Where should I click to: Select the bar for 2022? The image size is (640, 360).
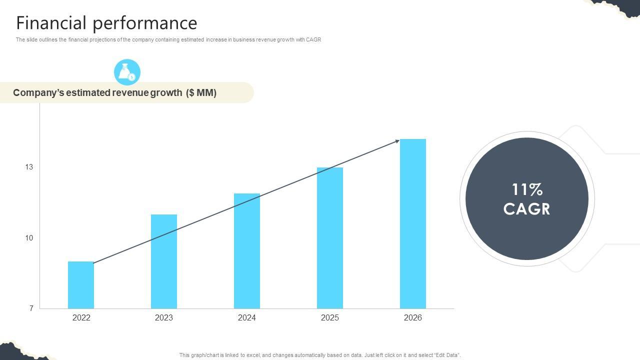click(x=81, y=285)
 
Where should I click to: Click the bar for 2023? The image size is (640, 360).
click(x=164, y=261)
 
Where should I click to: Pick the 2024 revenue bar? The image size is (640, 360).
click(x=247, y=251)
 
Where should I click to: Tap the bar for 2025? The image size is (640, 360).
click(x=330, y=238)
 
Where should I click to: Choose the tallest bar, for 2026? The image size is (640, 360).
click(x=413, y=223)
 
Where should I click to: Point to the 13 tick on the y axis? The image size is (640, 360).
click(x=29, y=167)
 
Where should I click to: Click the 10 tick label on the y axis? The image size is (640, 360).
click(x=29, y=238)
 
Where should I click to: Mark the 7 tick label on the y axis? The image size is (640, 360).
click(x=31, y=308)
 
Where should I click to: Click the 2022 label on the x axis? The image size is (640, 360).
click(x=81, y=317)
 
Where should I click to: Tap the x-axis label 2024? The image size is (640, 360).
click(x=247, y=317)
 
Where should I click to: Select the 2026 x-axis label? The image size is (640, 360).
click(x=413, y=317)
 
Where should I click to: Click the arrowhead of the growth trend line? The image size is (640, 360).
click(x=397, y=141)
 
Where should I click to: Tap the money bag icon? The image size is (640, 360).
click(x=127, y=72)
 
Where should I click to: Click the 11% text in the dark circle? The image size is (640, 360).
click(x=527, y=189)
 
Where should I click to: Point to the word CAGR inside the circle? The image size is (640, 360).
click(x=527, y=209)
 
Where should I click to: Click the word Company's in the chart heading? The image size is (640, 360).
click(x=38, y=92)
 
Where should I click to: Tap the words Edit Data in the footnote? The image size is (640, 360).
click(x=447, y=355)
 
